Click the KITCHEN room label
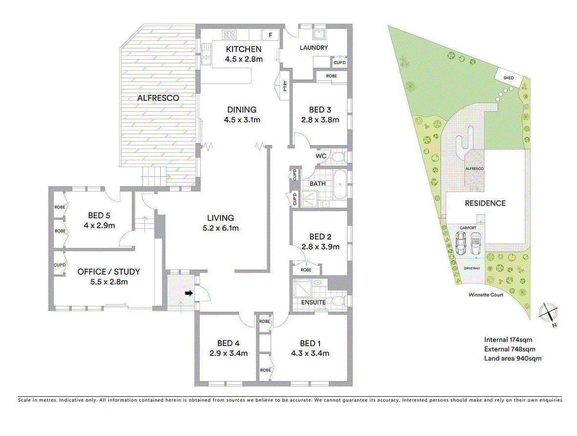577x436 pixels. click(x=243, y=49)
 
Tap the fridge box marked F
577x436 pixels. click(x=269, y=35)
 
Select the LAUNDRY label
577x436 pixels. click(x=314, y=47)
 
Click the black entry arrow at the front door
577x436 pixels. click(x=189, y=293)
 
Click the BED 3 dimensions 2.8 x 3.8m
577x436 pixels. click(x=320, y=119)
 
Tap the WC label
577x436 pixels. click(x=321, y=156)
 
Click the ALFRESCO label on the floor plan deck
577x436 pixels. click(x=158, y=98)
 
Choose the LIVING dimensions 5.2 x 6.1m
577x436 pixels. click(x=220, y=228)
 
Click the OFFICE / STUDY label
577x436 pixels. click(x=108, y=271)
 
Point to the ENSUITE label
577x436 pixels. click(x=313, y=303)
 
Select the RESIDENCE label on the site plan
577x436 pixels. click(x=485, y=203)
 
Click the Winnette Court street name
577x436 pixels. click(x=486, y=295)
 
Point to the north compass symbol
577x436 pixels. click(x=547, y=312)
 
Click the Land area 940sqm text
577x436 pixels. click(x=513, y=358)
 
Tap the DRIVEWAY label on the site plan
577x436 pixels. click(x=472, y=268)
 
